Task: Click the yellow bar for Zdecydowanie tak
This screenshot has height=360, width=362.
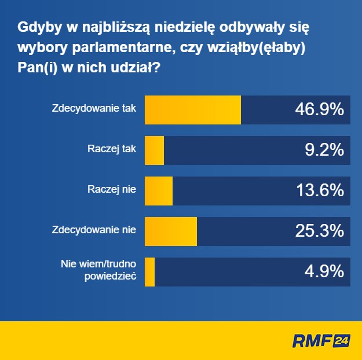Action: (192, 110)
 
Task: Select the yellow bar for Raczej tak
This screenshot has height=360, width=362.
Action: (154, 150)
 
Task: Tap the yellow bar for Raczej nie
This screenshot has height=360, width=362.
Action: (158, 190)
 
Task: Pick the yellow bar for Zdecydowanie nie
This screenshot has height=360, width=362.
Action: (170, 231)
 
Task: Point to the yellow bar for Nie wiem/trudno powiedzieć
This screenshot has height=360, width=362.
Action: (149, 271)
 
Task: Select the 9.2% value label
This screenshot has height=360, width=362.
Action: (324, 150)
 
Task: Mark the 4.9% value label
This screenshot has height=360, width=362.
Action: (324, 271)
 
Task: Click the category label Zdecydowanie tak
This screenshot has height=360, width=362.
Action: (94, 108)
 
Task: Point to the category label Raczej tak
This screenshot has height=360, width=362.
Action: (112, 149)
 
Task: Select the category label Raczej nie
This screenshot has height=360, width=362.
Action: (112, 189)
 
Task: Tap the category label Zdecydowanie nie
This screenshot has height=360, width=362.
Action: (94, 230)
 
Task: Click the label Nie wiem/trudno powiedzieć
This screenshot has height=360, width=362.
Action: (98, 270)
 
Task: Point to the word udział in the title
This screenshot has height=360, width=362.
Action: (134, 68)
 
